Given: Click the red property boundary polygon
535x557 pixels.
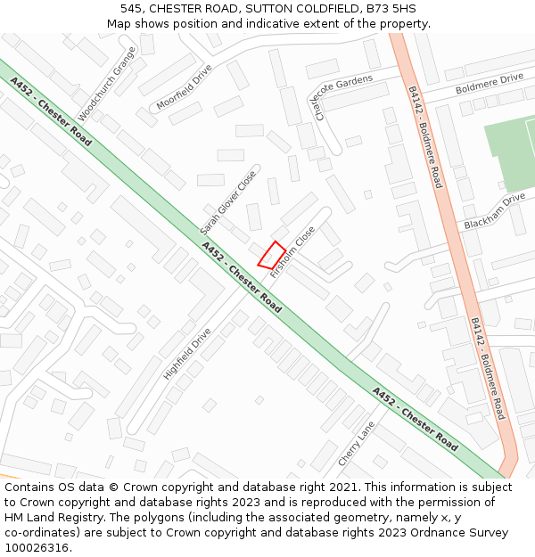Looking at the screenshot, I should coord(272,255).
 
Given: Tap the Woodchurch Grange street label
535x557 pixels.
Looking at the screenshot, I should coord(106,85).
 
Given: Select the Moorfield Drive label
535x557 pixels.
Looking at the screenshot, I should coord(185,87).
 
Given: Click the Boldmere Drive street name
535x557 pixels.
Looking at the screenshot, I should coord(490,84).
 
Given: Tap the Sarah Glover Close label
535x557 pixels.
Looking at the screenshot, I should coord(228,202).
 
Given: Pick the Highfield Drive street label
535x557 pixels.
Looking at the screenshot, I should coord(187,354).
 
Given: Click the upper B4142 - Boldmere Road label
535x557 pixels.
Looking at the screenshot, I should coord(425,136).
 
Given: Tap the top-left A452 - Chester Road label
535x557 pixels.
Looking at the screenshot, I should coord(51,111).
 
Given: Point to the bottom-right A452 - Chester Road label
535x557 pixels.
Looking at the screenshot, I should coord(415,418).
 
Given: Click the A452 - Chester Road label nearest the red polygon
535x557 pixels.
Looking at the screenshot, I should coord(241,277).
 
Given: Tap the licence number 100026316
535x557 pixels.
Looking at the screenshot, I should coord(36,548).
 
